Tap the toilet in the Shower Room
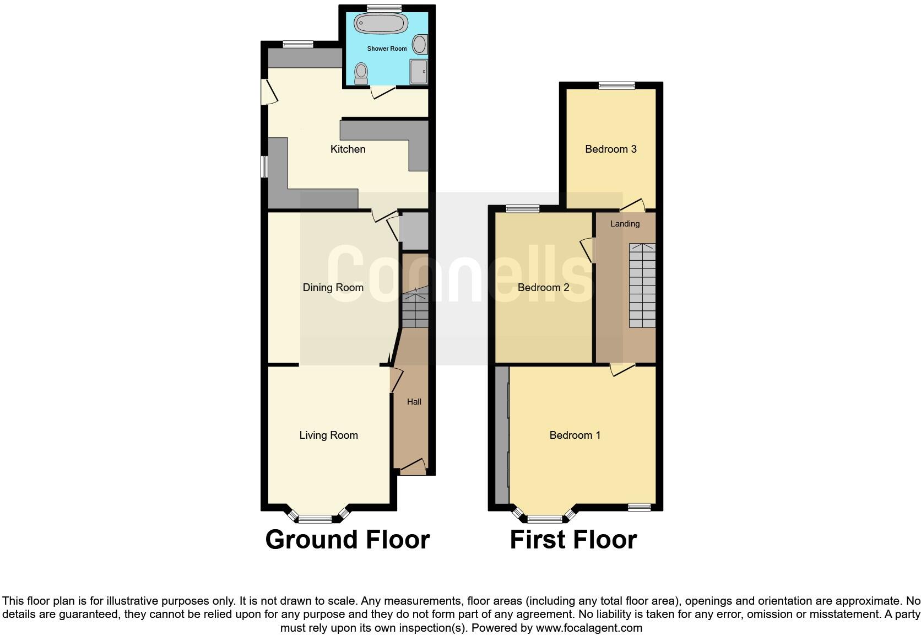click(x=361, y=73)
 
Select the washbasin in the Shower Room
click(x=420, y=44)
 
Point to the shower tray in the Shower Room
click(x=418, y=72)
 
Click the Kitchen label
click(x=348, y=149)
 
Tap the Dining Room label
click(x=333, y=287)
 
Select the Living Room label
click(x=328, y=435)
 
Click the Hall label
click(x=414, y=402)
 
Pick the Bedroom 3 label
click(x=610, y=149)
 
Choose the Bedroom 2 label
click(x=543, y=287)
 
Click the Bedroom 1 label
click(x=575, y=435)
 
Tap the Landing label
click(x=625, y=224)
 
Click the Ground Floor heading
click(x=347, y=539)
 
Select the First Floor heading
click(x=573, y=539)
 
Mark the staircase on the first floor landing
click(x=642, y=286)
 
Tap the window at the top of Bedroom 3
click(x=616, y=85)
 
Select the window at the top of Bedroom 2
click(x=523, y=208)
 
